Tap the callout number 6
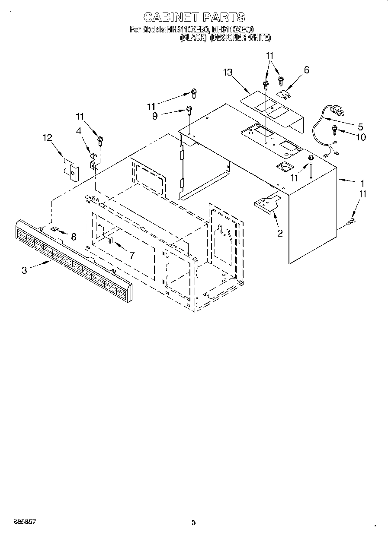307,70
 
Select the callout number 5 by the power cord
360,127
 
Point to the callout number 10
360,137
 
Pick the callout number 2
280,233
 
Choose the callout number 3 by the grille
24,270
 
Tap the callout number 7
132,255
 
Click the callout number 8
74,236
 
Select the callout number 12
47,137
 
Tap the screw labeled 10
335,128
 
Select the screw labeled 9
189,109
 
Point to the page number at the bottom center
194,522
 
